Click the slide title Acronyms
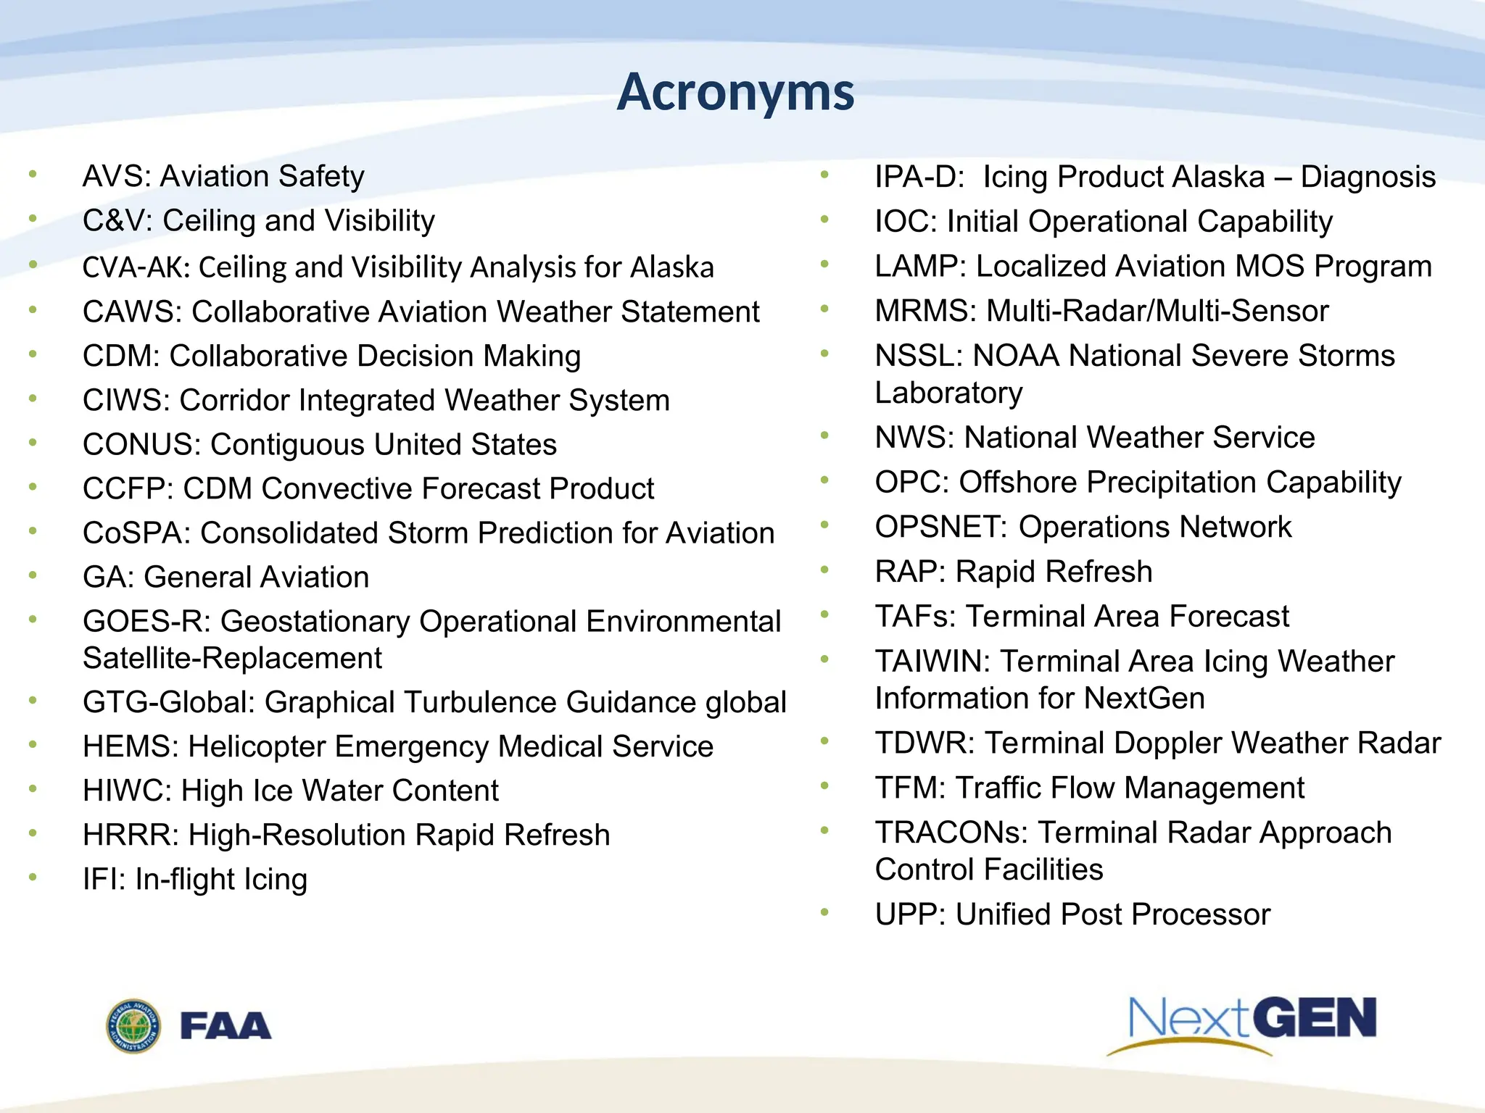tap(735, 93)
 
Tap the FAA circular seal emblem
tap(133, 1026)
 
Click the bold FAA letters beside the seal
tap(226, 1026)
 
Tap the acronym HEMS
tap(130, 747)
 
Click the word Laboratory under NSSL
tap(948, 393)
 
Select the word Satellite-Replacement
tap(232, 659)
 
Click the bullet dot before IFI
tap(33, 878)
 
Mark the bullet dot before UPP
tap(824, 912)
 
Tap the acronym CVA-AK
tap(135, 267)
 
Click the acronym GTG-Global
tap(167, 703)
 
